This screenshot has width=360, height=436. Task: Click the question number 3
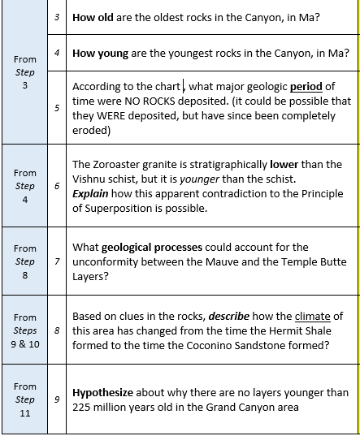[x=57, y=17]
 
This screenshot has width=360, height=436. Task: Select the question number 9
[x=57, y=399]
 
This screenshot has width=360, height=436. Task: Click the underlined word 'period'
[x=306, y=87]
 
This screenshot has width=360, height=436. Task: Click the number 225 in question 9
[x=84, y=406]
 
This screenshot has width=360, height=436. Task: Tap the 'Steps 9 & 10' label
[x=25, y=331]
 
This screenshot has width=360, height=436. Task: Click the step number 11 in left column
[x=25, y=412]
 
